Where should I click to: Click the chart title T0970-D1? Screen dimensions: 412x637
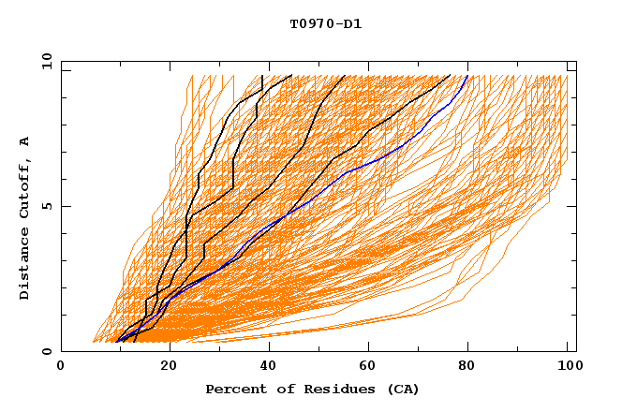[325, 24]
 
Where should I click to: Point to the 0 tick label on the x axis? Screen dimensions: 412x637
[62, 366]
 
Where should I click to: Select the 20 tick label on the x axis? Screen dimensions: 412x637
[163, 366]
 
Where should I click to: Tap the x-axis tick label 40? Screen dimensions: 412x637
[264, 366]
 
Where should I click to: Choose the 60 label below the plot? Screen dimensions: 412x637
[366, 366]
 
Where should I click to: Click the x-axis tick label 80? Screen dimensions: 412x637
[467, 366]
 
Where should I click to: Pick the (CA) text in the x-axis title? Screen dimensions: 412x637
[401, 390]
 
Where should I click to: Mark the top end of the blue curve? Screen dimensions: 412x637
[467, 75]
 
